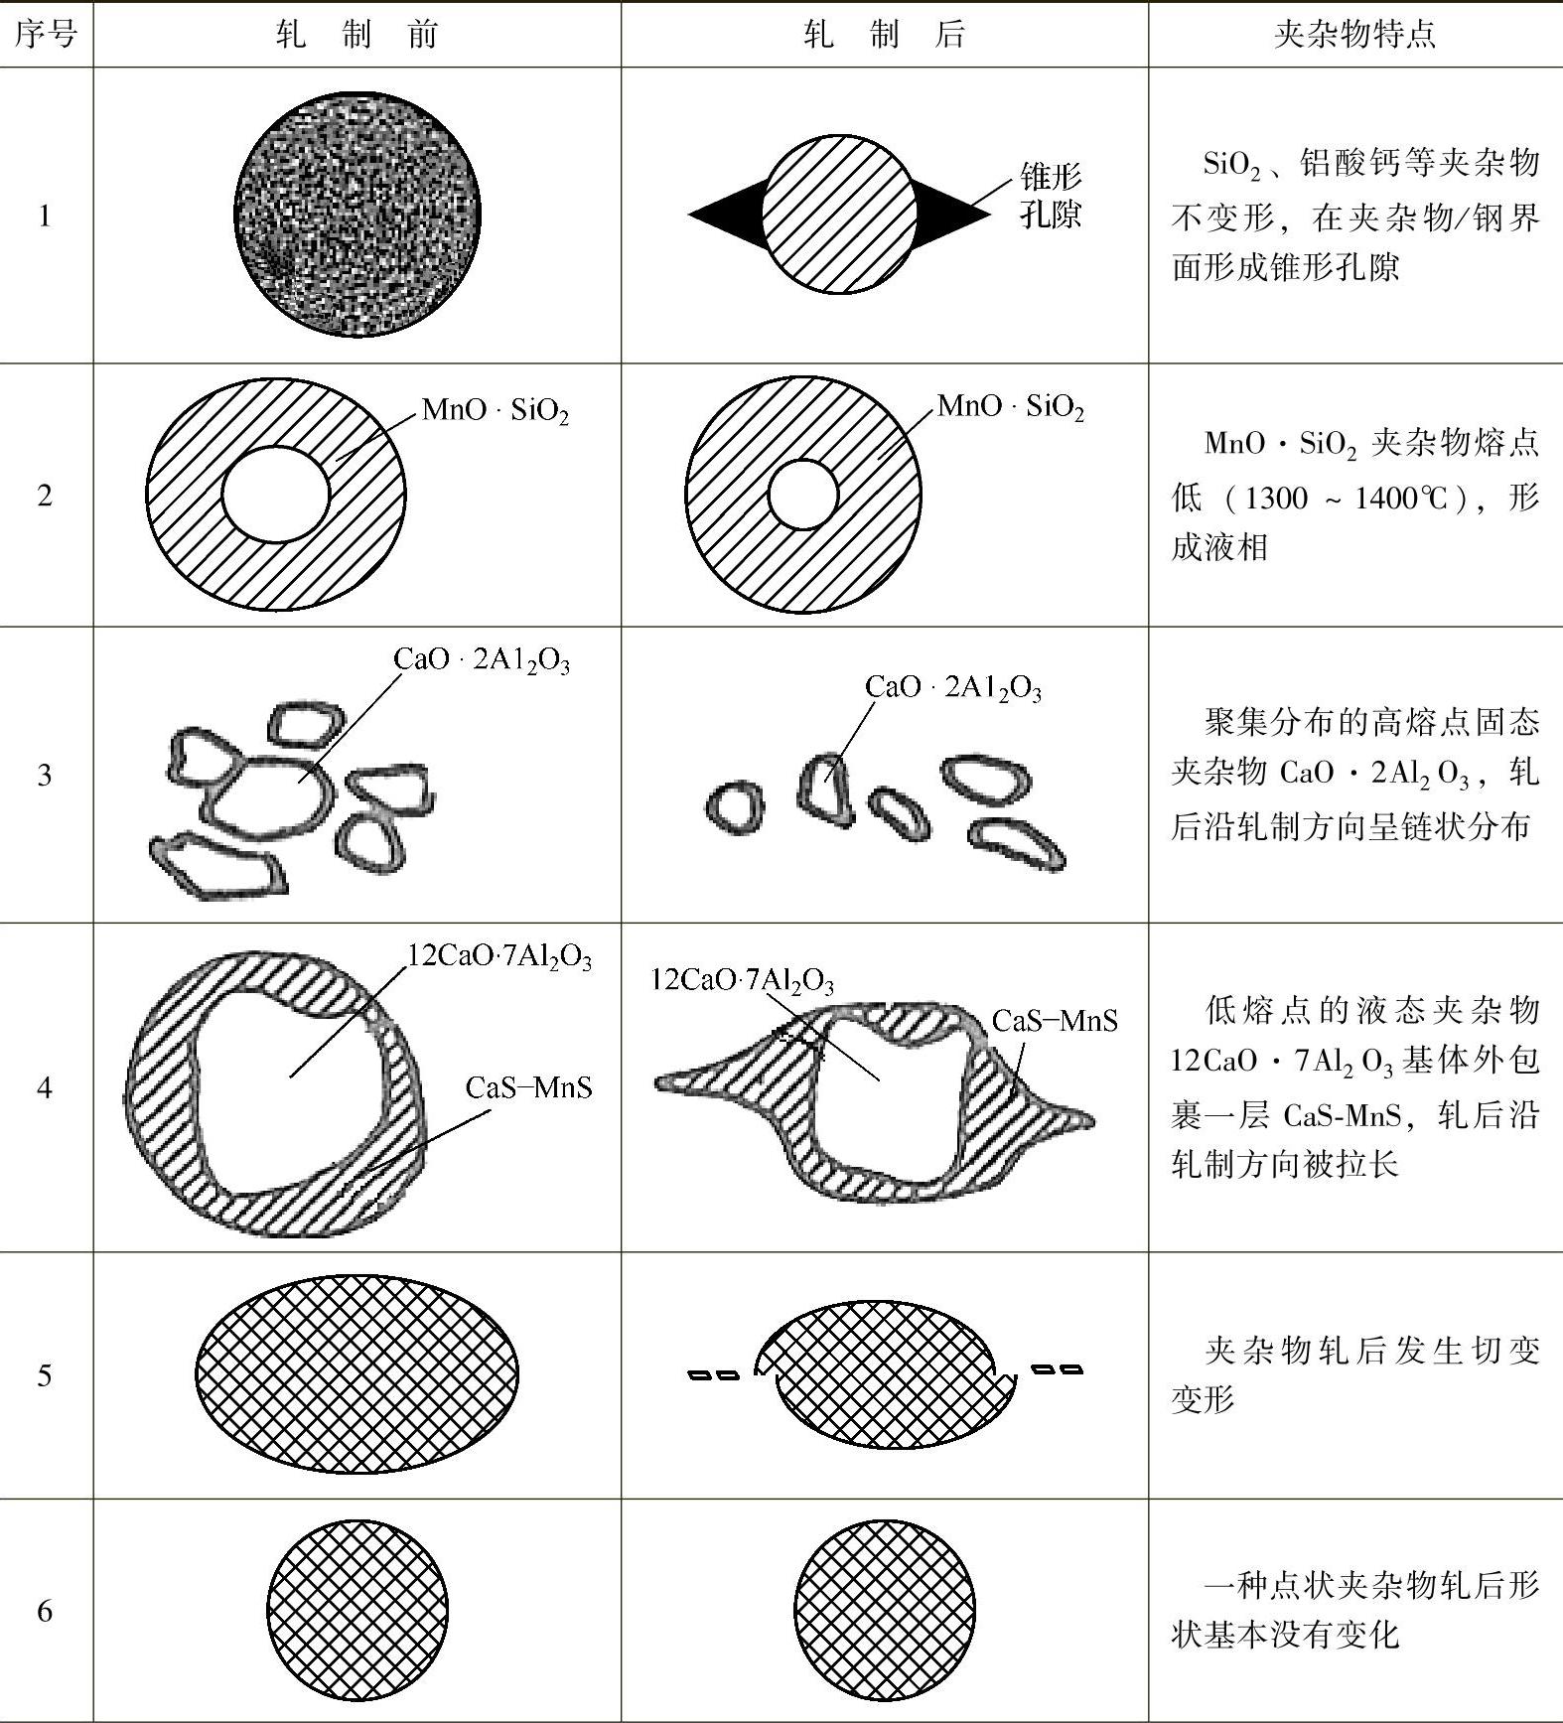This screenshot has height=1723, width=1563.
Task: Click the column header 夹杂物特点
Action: pyautogui.click(x=1353, y=35)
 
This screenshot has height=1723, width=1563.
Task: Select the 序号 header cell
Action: pyautogui.click(x=46, y=35)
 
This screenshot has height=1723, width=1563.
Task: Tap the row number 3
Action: pyautogui.click(x=45, y=775)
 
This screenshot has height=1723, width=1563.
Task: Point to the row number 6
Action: pyautogui.click(x=45, y=1610)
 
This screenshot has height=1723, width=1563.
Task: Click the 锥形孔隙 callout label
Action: pyautogui.click(x=1051, y=197)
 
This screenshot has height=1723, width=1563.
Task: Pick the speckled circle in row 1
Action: pyautogui.click(x=357, y=215)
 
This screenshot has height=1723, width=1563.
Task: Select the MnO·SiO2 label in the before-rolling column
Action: pyautogui.click(x=495, y=410)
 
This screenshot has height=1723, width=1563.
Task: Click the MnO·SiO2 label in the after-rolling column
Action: pyautogui.click(x=1011, y=406)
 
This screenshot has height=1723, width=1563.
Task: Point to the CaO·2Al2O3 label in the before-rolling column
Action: pyautogui.click(x=482, y=659)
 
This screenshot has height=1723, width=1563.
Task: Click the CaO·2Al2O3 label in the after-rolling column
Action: pyautogui.click(x=953, y=687)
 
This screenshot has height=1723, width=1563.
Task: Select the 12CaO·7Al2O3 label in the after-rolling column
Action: pyautogui.click(x=742, y=980)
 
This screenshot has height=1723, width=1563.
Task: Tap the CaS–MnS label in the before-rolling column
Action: pyautogui.click(x=528, y=1087)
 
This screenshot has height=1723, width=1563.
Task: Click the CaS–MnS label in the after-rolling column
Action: pyautogui.click(x=1055, y=1020)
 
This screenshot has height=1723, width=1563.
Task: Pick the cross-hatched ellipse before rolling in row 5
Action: pyautogui.click(x=356, y=1373)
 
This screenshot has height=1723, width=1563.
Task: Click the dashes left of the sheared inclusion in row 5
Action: pyautogui.click(x=714, y=1375)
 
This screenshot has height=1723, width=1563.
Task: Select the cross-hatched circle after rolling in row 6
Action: pyautogui.click(x=885, y=1610)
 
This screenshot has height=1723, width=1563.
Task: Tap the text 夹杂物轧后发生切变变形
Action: pyautogui.click(x=1355, y=1373)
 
